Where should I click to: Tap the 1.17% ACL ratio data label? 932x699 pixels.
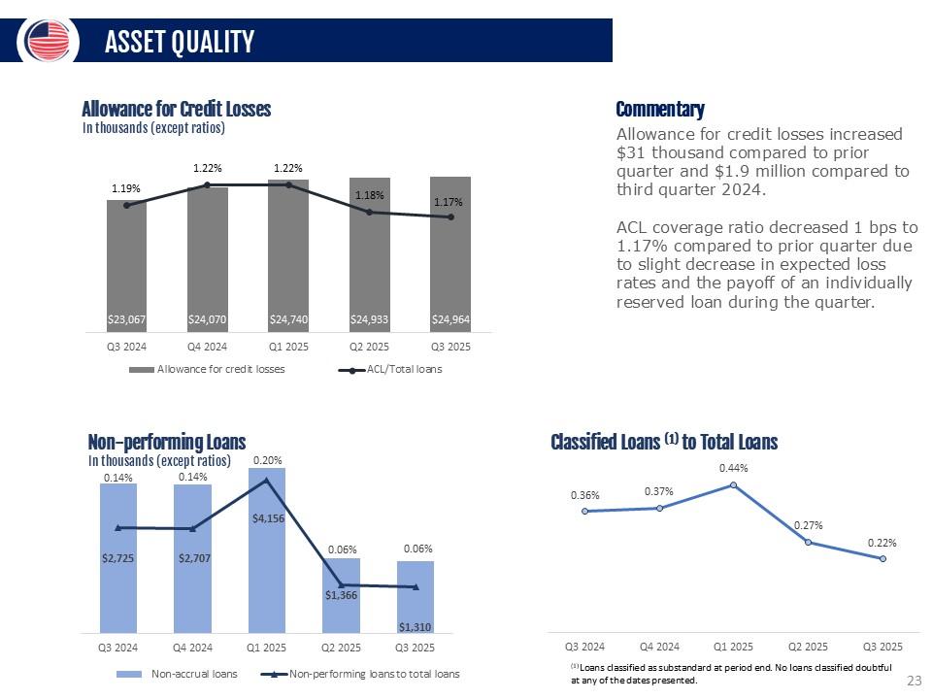pos(449,203)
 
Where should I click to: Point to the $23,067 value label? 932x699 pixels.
pos(126,317)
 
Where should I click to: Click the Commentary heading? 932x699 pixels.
pos(660,109)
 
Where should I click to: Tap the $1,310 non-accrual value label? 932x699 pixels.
pos(415,626)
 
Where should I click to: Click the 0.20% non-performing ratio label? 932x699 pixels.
pos(267,459)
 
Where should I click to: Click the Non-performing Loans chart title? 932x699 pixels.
pos(166,443)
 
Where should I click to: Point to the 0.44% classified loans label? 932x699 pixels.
pos(733,468)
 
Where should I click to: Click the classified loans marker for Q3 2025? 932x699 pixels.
pos(882,558)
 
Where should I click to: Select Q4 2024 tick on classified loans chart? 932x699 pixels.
pos(659,646)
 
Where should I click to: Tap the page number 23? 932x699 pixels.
pos(913,681)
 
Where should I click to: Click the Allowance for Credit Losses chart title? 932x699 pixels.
pos(176,109)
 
